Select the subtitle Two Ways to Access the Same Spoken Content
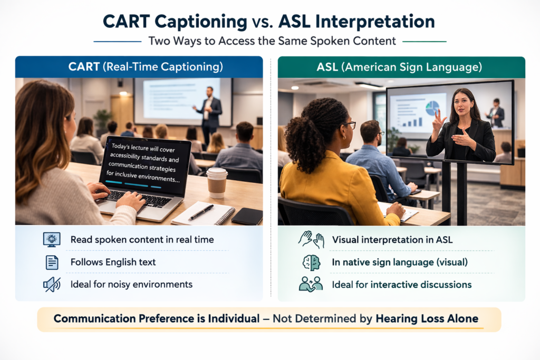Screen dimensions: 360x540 [270, 41]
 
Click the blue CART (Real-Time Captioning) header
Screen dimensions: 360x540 [139, 67]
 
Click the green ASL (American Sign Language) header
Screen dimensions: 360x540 [401, 67]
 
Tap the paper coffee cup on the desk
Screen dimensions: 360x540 [217, 182]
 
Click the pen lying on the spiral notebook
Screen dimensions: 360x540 [201, 212]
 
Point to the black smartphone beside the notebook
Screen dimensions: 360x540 [247, 216]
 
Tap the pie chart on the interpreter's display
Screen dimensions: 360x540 [432, 108]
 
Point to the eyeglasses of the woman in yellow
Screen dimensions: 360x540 [350, 124]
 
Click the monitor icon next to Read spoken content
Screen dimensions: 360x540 [52, 239]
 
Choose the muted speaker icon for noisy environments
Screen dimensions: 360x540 [52, 285]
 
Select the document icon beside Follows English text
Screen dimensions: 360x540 [52, 262]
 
